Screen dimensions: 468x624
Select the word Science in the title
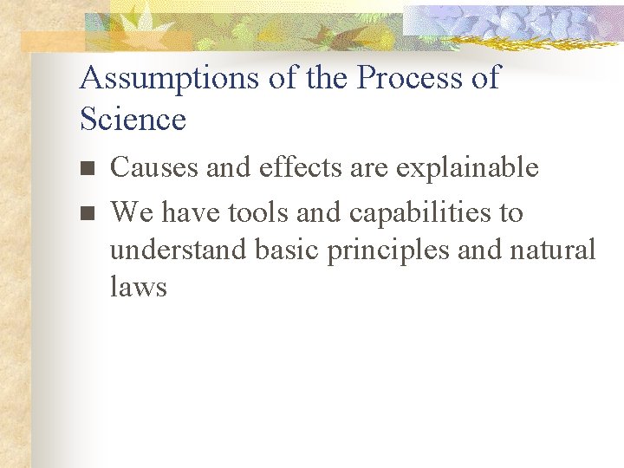(x=133, y=119)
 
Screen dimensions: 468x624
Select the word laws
(x=138, y=287)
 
